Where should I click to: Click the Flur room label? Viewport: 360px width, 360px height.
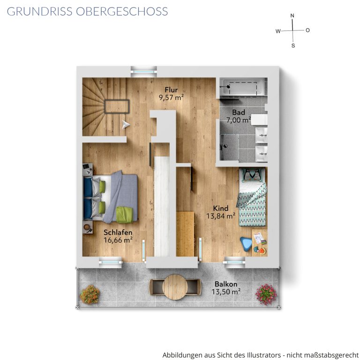coord(171,90)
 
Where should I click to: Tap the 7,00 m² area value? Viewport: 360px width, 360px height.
coord(238,120)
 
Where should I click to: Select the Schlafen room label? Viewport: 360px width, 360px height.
coord(118,232)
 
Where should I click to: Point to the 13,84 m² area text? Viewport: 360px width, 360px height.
coord(221,216)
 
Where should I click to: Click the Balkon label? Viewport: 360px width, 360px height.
coord(226,284)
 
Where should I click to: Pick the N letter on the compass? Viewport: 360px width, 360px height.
coord(292,15)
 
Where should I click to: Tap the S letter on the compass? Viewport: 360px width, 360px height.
coord(293,45)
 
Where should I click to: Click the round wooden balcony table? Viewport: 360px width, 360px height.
coord(175,287)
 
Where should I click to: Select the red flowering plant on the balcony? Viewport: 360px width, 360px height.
coord(266,294)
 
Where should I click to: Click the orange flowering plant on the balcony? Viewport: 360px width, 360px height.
coord(90,294)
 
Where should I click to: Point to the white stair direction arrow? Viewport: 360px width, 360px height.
coord(126,125)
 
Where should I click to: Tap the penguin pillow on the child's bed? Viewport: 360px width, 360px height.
coord(252,175)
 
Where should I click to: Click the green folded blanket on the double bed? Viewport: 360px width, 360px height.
coord(125,215)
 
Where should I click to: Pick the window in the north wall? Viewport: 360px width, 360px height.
coord(144,71)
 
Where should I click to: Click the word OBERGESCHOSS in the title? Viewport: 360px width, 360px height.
coord(122,11)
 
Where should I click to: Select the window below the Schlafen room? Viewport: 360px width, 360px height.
coord(110,262)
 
